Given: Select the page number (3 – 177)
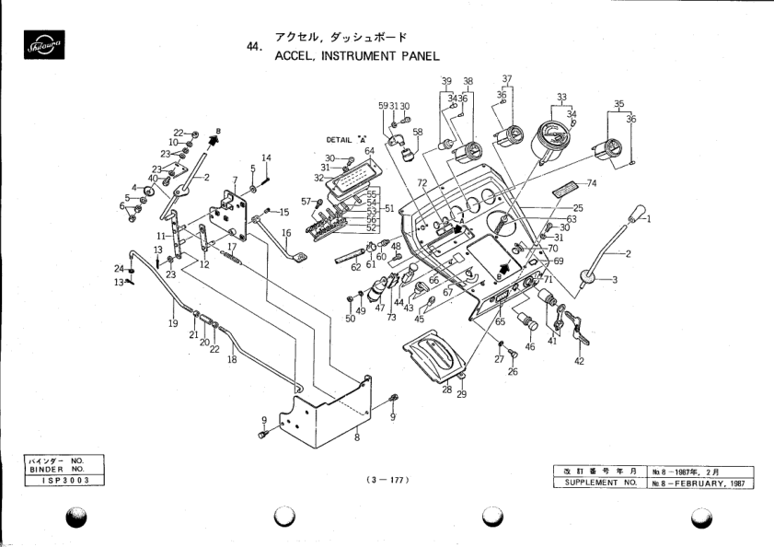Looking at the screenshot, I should tap(387, 480).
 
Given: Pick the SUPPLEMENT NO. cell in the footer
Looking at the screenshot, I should tap(599, 483).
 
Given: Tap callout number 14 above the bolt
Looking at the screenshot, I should tap(266, 158).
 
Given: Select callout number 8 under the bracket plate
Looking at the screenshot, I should tap(356, 437).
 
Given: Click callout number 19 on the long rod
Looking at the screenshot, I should tap(172, 324).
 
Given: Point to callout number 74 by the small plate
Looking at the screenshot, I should tap(591, 183).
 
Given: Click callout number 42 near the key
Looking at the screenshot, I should tap(579, 362).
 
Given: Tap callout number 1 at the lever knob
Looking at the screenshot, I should tap(646, 219).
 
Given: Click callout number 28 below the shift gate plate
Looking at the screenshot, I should tap(445, 390).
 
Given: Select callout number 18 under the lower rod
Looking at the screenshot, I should tap(232, 359).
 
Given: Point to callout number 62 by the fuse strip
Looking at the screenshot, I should tap(355, 268).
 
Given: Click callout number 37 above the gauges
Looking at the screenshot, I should tap(507, 78).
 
